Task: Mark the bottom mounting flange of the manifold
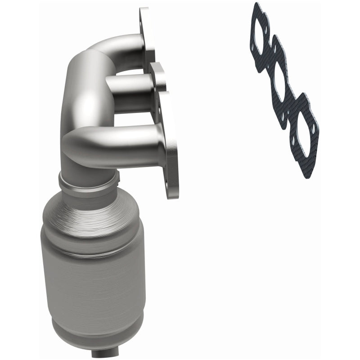click(x=171, y=148)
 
